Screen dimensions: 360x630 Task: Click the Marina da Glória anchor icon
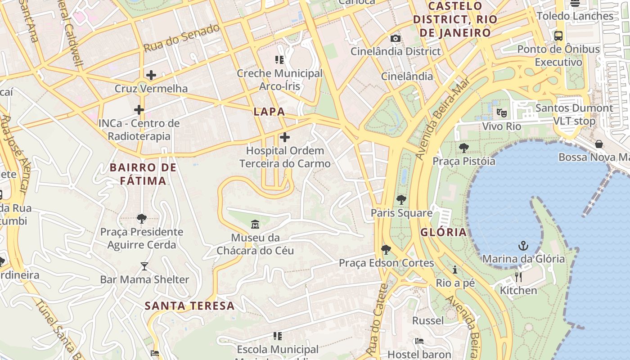point(523,246)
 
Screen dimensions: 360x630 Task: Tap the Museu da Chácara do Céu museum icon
point(255,224)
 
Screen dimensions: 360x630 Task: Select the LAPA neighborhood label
point(269,112)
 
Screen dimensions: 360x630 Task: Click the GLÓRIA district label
point(443,232)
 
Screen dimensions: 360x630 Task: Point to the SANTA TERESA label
point(189,306)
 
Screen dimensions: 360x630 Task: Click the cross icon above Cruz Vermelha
point(151,75)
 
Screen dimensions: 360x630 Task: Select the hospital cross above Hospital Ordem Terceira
point(285,137)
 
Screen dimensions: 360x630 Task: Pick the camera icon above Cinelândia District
point(396,39)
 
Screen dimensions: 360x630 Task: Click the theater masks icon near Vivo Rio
point(501,112)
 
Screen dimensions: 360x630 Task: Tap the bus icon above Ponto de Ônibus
point(558,36)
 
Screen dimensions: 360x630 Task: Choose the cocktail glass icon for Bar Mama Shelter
point(144,266)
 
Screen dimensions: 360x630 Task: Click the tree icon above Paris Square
point(401,199)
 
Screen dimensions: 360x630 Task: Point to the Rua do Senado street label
point(181,38)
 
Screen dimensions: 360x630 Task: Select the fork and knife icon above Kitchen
point(518,277)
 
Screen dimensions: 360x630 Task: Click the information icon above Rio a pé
point(455,270)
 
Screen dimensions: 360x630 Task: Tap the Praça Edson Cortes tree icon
point(386,249)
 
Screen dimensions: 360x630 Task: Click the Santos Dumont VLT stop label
point(574,114)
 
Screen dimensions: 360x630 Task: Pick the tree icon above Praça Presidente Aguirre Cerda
point(142,219)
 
